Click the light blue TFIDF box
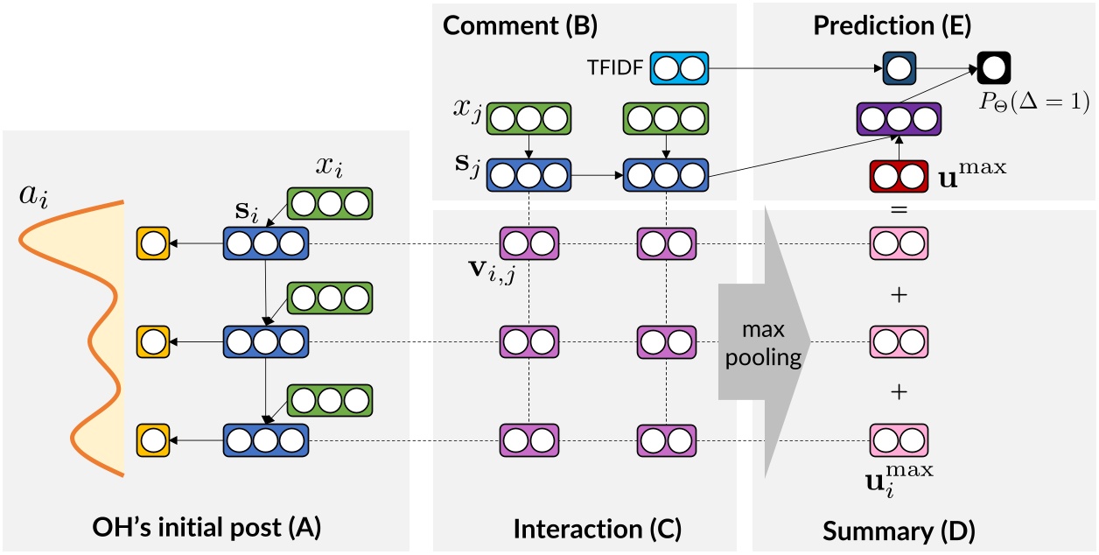coord(677,67)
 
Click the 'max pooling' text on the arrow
coord(759,344)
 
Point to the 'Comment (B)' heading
coord(520,25)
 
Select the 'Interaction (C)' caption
coord(596,529)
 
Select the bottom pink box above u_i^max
coord(899,438)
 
